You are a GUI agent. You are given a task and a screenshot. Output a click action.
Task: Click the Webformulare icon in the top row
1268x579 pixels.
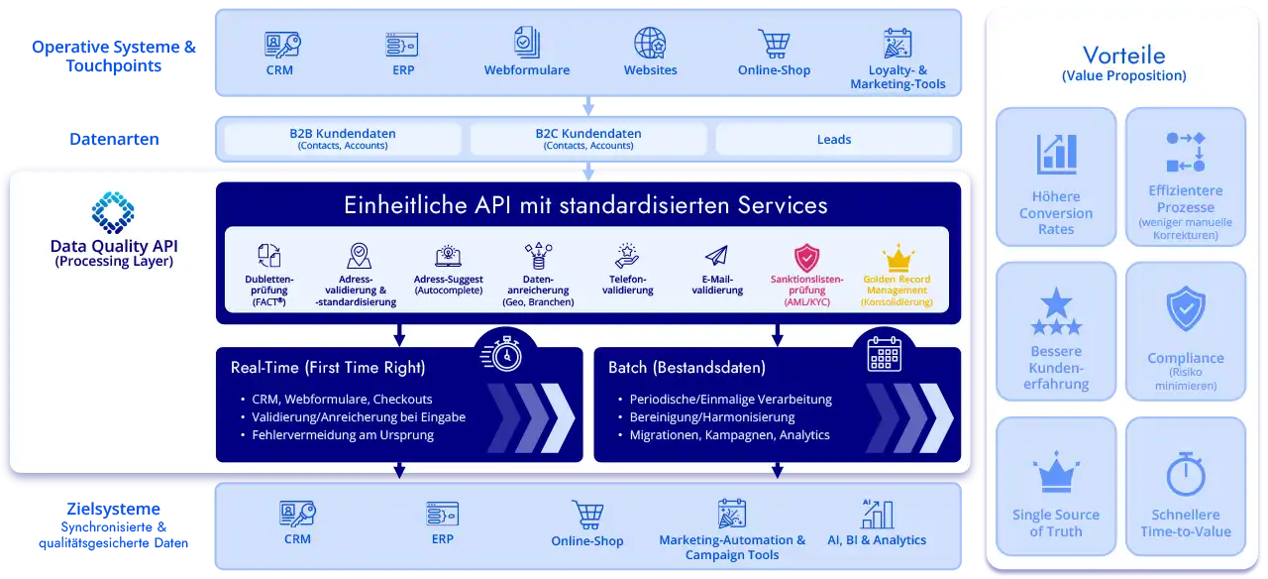pyautogui.click(x=527, y=43)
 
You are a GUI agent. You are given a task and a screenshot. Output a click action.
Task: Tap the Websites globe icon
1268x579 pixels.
pyautogui.click(x=650, y=44)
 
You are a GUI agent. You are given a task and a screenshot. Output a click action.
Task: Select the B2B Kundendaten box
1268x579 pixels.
pyautogui.click(x=343, y=139)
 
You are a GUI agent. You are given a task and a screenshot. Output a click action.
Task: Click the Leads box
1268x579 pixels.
pyautogui.click(x=833, y=139)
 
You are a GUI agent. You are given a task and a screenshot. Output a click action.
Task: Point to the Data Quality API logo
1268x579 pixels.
pyautogui.click(x=112, y=212)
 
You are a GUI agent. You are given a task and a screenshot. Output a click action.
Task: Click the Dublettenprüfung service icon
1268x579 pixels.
pyautogui.click(x=269, y=256)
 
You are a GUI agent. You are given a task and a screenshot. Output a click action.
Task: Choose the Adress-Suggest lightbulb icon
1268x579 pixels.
pyautogui.click(x=448, y=256)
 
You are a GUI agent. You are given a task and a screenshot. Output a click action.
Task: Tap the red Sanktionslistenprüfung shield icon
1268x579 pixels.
pyautogui.click(x=807, y=257)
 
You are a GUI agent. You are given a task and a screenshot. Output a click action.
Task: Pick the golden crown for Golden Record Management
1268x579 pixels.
pyautogui.click(x=898, y=258)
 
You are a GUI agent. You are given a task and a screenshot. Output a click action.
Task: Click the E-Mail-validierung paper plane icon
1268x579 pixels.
pyautogui.click(x=716, y=256)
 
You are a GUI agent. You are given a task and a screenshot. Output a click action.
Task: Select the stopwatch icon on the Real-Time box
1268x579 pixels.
pyautogui.click(x=506, y=354)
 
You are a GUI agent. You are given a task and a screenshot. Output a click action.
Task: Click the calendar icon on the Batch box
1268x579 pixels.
pyautogui.click(x=884, y=354)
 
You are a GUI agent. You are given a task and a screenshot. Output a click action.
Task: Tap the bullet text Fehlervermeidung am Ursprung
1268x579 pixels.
pyautogui.click(x=343, y=434)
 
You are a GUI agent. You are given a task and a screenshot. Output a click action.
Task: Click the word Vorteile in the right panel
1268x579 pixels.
pyautogui.click(x=1123, y=56)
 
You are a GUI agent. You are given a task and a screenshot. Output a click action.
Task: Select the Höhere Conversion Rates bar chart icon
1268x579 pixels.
pyautogui.click(x=1056, y=155)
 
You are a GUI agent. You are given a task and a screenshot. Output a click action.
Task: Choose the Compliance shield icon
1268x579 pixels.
pyautogui.click(x=1185, y=309)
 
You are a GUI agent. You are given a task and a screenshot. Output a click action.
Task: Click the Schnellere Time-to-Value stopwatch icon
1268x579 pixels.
pyautogui.click(x=1185, y=474)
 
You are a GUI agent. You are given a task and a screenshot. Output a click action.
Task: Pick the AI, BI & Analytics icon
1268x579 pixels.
pyautogui.click(x=877, y=514)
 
